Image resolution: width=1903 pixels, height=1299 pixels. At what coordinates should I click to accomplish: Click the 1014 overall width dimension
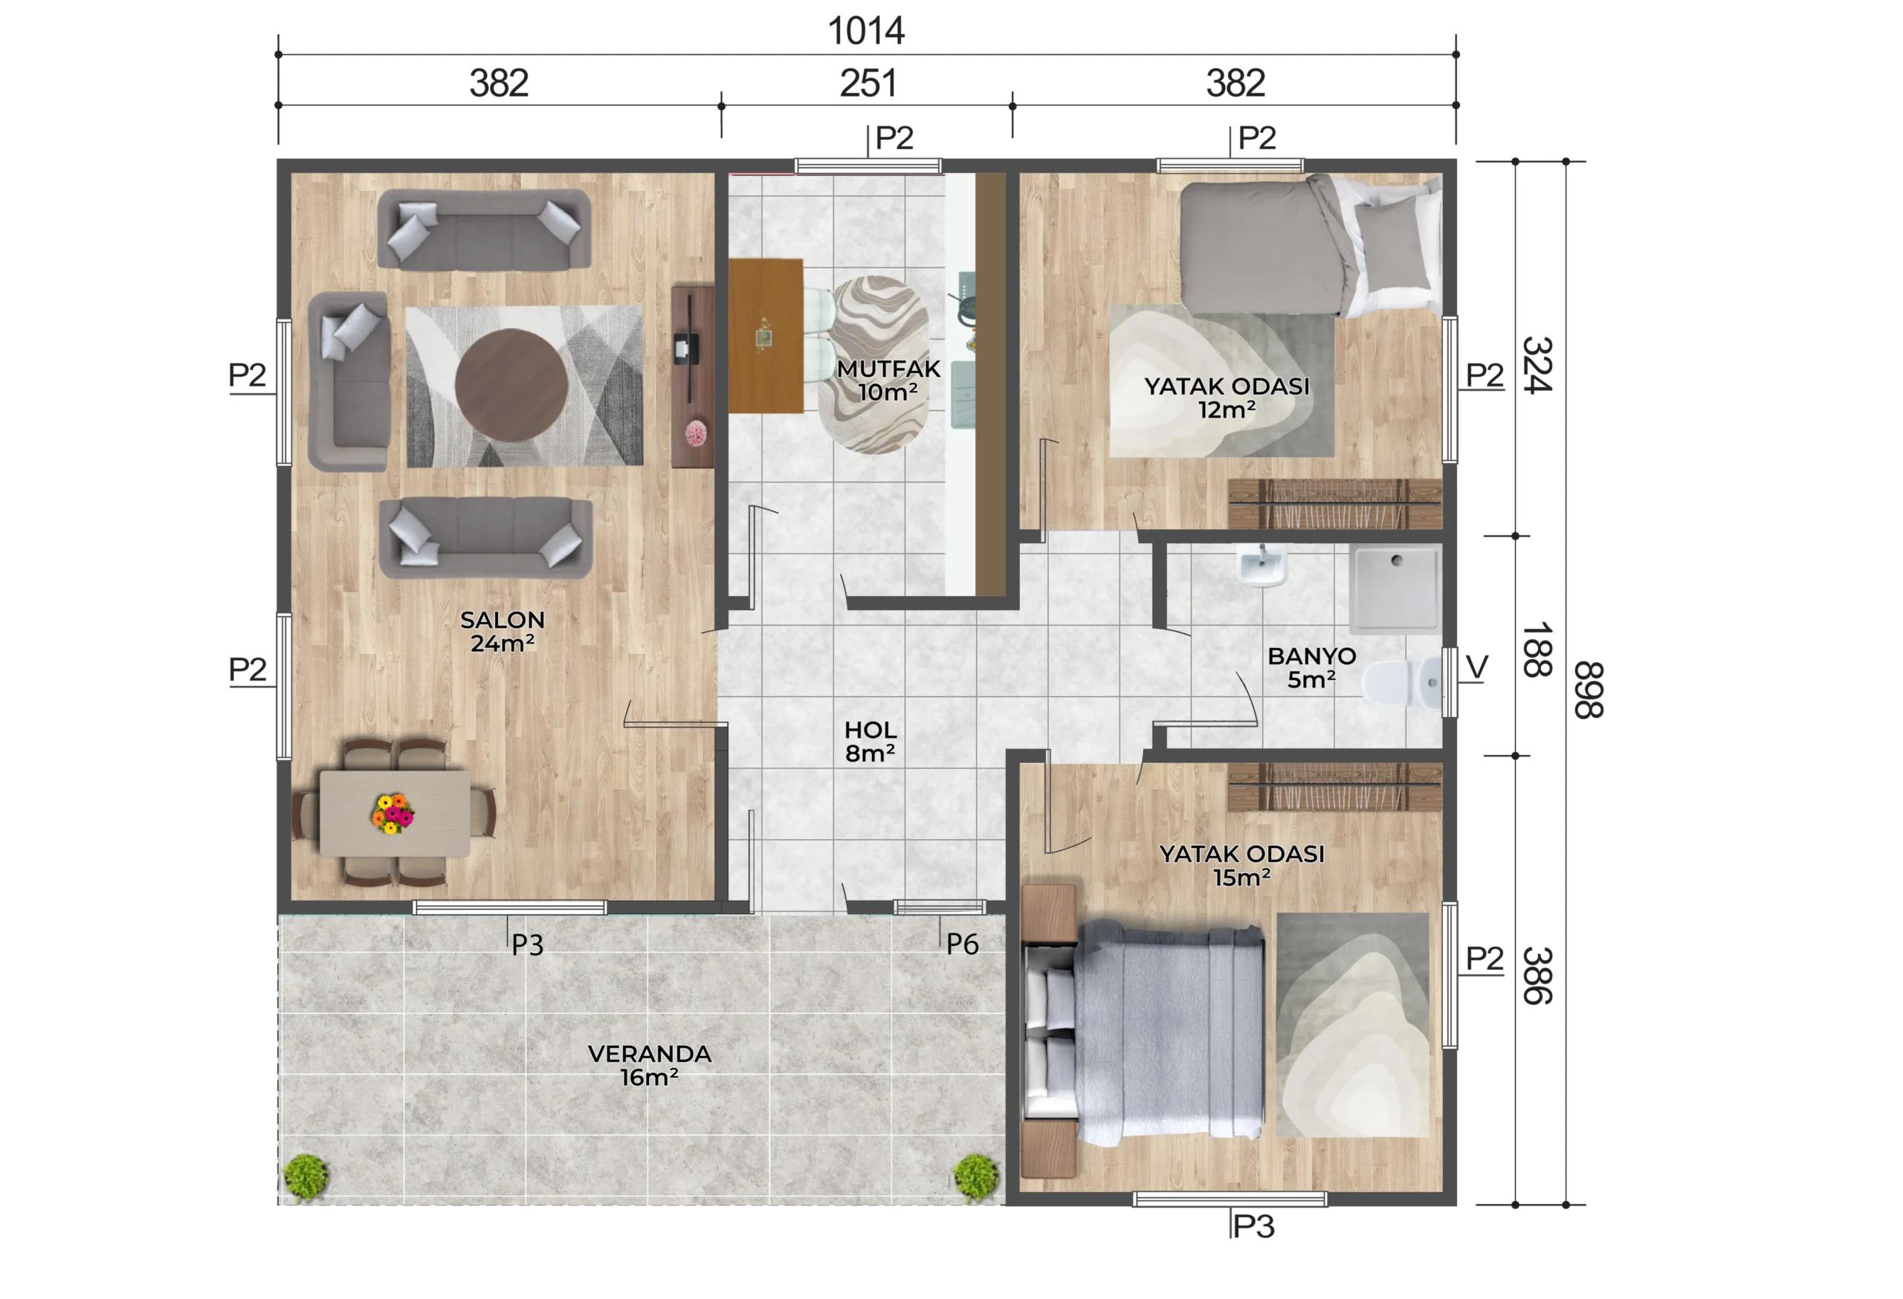point(865,31)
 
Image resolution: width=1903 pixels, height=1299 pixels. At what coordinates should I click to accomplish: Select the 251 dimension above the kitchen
point(868,83)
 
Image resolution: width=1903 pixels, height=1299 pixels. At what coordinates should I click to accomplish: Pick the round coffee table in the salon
point(511,386)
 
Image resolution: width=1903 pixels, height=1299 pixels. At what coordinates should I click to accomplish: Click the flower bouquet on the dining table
point(392,813)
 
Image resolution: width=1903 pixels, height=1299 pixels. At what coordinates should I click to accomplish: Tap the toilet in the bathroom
point(1403,682)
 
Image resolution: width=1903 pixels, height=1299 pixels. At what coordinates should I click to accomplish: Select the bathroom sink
point(1261,565)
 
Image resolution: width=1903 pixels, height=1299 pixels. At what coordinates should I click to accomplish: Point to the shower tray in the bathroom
point(1395,589)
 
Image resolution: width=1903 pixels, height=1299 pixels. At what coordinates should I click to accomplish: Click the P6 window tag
point(962,944)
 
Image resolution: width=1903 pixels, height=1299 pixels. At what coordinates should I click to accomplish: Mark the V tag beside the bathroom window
point(1476,667)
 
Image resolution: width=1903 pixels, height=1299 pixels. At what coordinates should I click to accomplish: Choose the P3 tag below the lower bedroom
point(1253,1226)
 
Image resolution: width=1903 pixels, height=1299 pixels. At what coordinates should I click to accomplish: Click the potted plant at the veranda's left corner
point(306,1177)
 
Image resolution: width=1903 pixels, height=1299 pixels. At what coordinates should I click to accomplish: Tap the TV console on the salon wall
point(692,377)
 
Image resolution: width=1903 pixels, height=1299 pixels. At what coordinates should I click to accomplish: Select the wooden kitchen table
point(766,336)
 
